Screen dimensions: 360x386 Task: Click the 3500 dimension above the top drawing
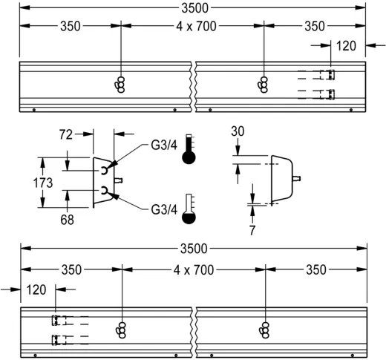193,7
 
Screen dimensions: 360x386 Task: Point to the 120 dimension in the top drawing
346,45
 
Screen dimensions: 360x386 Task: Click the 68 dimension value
68,220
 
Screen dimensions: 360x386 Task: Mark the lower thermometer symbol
192,209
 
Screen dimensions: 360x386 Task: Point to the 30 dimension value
238,131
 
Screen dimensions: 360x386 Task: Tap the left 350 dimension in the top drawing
71,26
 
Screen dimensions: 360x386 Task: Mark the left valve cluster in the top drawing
120,85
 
